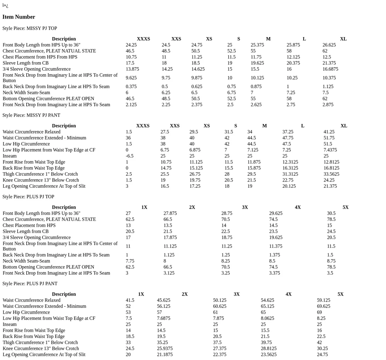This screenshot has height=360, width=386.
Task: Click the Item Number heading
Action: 19,17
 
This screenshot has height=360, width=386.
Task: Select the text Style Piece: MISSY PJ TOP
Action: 30,28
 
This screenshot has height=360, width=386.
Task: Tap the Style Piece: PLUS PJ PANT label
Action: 30,284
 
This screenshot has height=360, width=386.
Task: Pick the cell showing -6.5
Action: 129,156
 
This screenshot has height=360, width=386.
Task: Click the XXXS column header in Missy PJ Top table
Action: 143,39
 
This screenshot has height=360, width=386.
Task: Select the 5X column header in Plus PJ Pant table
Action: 340,294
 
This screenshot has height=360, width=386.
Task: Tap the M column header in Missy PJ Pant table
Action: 264,126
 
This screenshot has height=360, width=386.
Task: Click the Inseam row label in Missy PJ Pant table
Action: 10,156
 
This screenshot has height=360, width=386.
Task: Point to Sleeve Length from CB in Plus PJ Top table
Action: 25,231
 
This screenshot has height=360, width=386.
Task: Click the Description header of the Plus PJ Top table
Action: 64,207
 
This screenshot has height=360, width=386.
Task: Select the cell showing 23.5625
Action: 268,355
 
